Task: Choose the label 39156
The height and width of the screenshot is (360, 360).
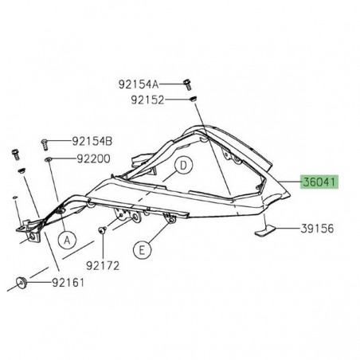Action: tap(318, 229)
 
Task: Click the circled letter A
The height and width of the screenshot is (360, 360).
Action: tap(67, 237)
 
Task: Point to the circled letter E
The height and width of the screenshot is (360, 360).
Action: tap(142, 249)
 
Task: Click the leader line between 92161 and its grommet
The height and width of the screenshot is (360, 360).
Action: tap(40, 282)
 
